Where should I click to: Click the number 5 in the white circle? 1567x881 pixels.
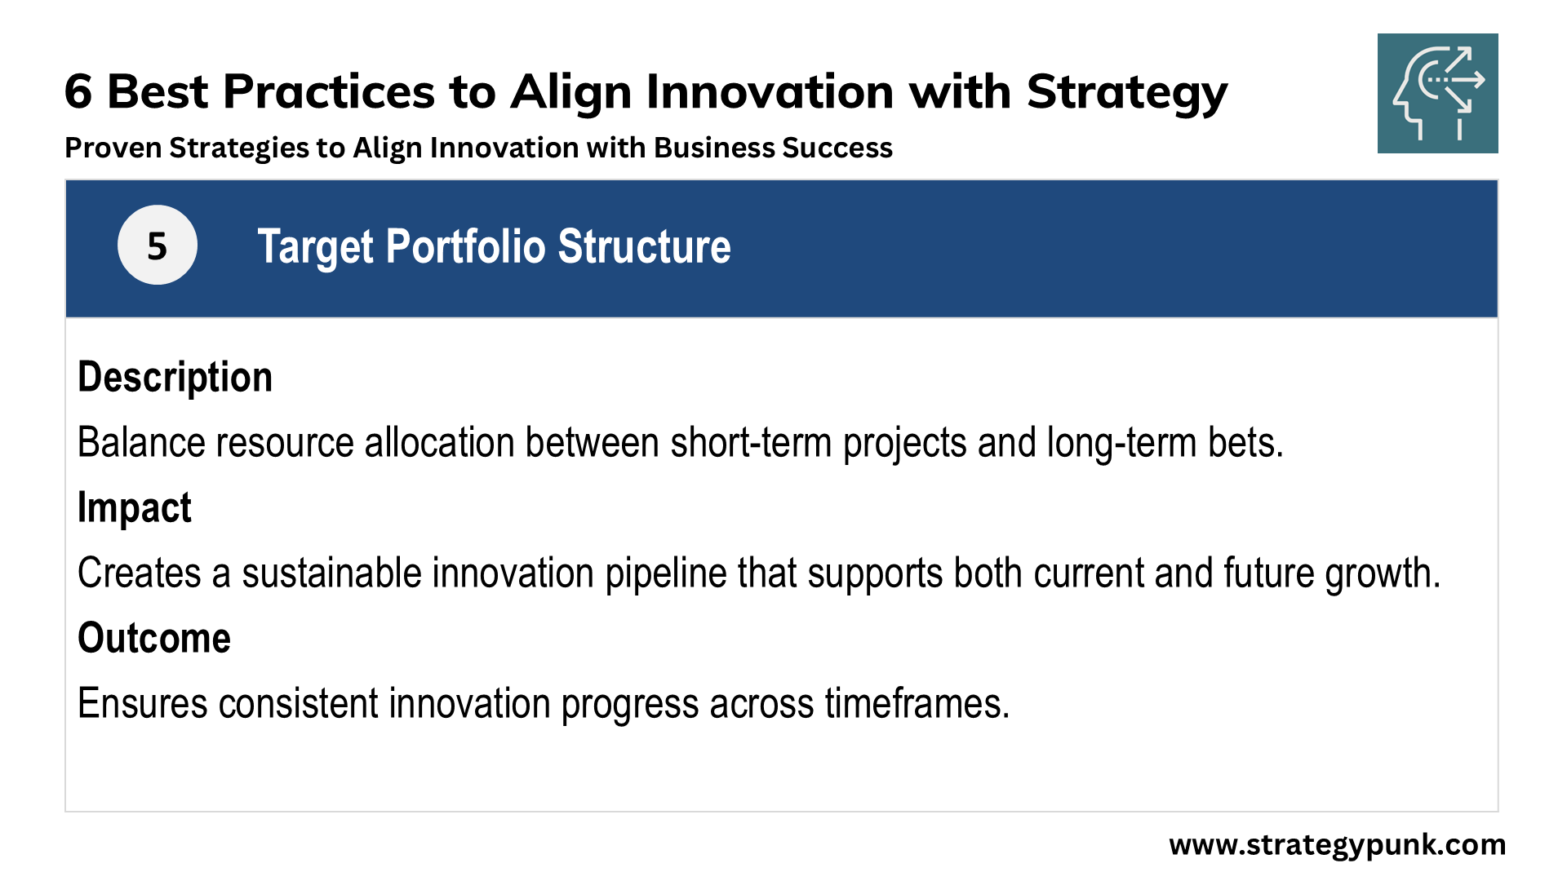pos(157,246)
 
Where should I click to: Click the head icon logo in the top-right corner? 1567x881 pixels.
pos(1437,93)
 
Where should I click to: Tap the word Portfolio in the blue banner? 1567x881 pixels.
pos(465,247)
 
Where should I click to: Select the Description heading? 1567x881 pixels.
pos(175,378)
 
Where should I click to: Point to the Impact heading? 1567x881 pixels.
pos(135,508)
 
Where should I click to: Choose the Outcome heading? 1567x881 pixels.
pos(154,638)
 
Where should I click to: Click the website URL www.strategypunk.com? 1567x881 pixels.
pos(1337,845)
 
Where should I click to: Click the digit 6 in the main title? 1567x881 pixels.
pos(78,91)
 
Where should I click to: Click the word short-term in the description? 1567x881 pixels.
pos(751,443)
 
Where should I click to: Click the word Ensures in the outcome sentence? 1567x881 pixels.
pos(143,704)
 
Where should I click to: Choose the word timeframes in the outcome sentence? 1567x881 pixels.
pos(917,704)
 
